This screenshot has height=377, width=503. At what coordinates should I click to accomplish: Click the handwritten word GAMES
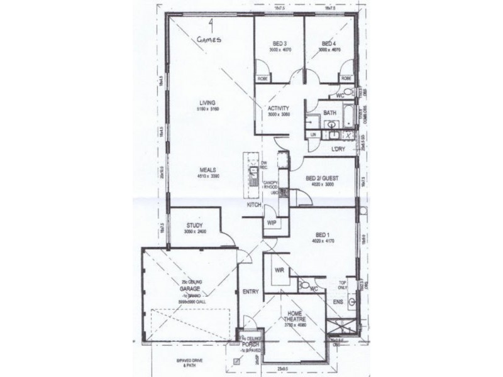tap(209, 38)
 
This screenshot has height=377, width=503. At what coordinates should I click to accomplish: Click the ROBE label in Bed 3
tap(263, 79)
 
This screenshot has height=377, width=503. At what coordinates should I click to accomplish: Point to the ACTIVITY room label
tap(277, 107)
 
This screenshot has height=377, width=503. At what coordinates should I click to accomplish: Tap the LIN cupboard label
tap(312, 135)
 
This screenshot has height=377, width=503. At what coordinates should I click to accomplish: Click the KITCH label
tap(253, 205)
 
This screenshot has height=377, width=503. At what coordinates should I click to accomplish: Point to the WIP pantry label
tap(272, 222)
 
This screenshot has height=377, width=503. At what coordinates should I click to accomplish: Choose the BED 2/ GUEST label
tap(322, 178)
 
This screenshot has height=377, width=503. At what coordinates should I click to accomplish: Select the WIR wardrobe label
tap(280, 270)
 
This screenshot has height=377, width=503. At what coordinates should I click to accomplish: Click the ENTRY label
tap(250, 291)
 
